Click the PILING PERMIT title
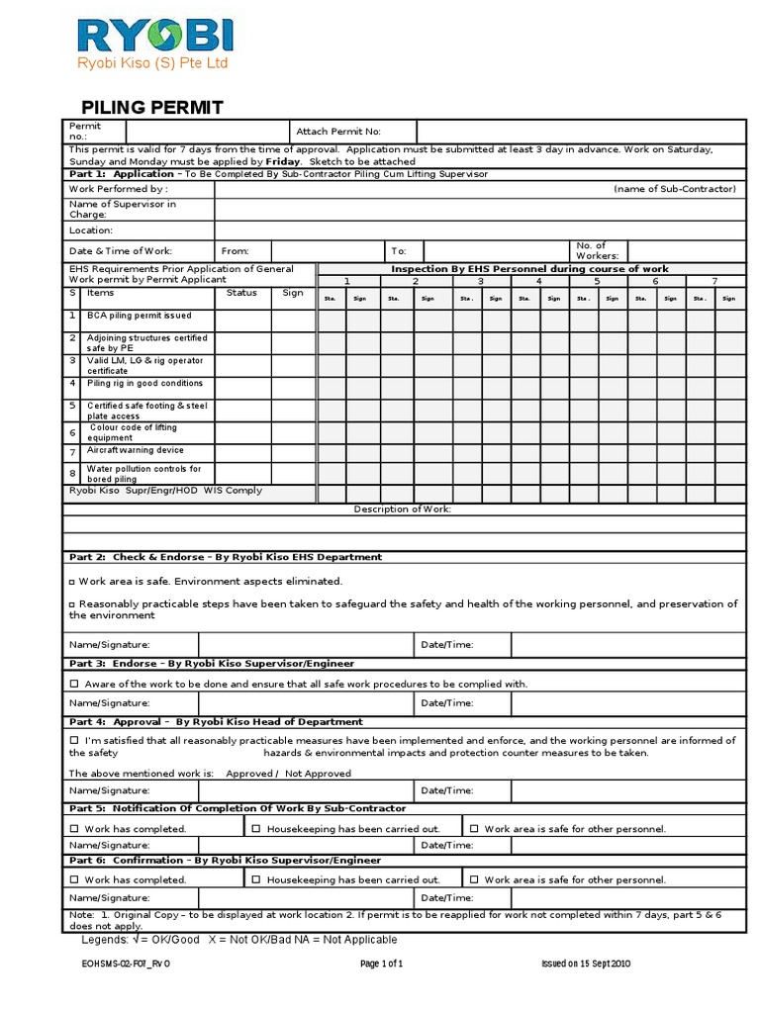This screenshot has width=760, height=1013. tap(151, 108)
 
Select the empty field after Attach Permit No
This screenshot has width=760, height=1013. tap(580, 132)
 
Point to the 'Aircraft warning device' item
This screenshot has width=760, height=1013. tap(136, 450)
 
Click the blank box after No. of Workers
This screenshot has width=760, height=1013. tap(686, 251)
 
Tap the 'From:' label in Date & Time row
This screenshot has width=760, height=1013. tap(236, 251)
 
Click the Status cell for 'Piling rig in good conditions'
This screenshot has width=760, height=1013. tap(243, 387)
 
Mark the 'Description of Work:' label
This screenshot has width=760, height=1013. tap(403, 508)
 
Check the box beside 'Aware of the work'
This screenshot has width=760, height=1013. tap(75, 684)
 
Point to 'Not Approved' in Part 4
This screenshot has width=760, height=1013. tap(317, 773)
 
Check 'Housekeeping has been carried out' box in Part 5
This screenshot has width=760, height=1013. tap(256, 828)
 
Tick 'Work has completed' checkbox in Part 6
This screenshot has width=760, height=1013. tap(75, 879)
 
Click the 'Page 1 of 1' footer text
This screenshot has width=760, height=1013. tap(380, 963)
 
